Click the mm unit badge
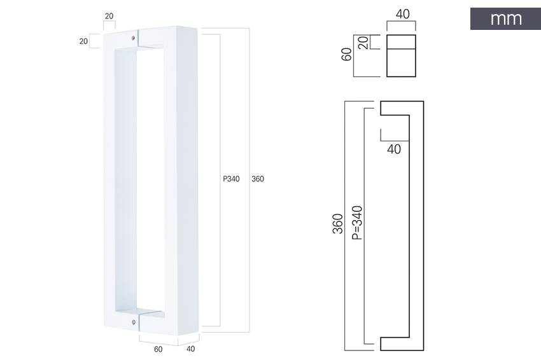coord(505,18)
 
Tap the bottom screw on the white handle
coord(134,322)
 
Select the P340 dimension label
coord(231,179)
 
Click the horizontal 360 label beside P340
coord(258,179)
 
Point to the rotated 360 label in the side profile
coord(338,223)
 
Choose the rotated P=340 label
coord(357,223)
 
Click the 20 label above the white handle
coord(109,16)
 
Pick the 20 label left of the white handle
coord(83,41)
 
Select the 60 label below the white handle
coord(158,349)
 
